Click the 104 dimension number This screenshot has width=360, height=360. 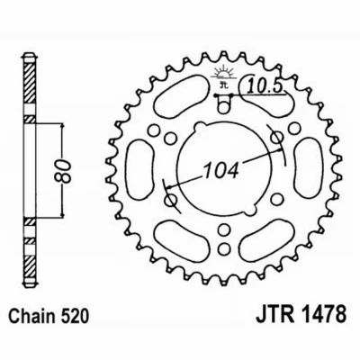coord(221,170)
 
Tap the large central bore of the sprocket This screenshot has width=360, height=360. coord(222,169)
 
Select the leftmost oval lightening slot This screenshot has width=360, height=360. coord(139,169)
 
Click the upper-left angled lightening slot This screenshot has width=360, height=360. coord(181,94)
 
